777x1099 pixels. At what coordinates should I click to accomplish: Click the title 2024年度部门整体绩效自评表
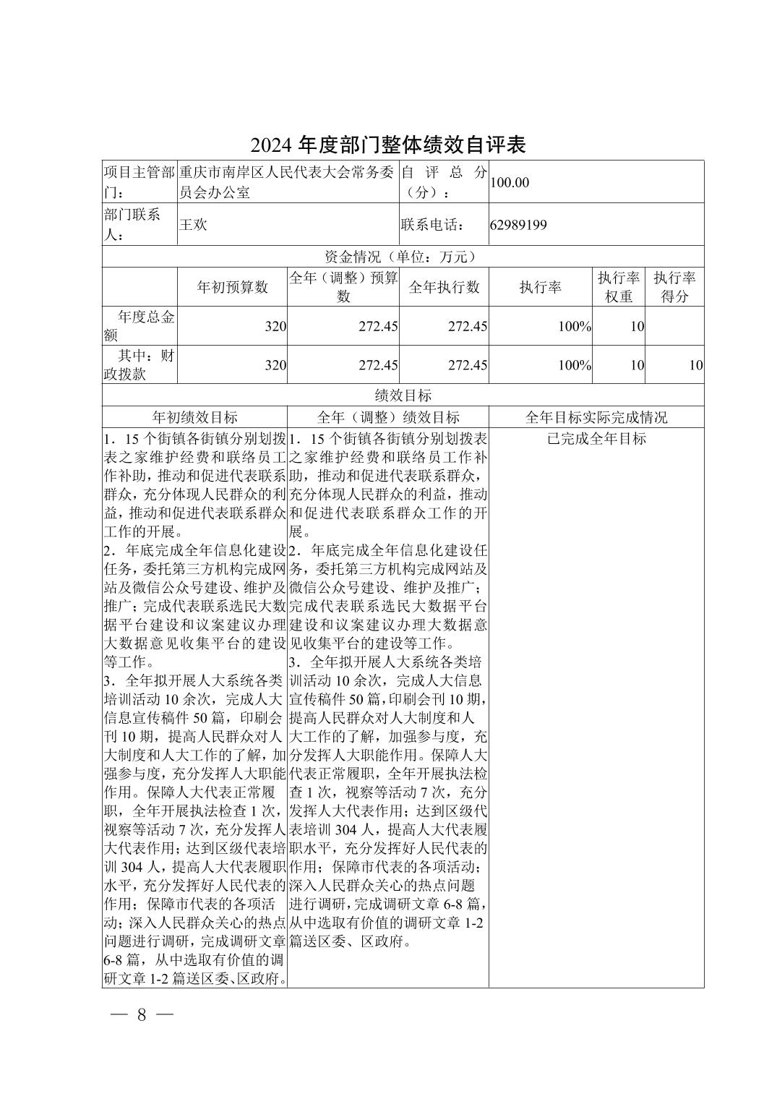click(388, 145)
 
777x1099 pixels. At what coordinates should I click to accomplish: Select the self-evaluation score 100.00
click(510, 182)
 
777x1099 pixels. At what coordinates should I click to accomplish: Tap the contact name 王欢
click(193, 225)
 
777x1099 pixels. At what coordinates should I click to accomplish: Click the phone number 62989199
click(518, 225)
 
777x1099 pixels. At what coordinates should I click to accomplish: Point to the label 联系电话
click(432, 225)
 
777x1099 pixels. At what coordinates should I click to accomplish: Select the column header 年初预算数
click(232, 287)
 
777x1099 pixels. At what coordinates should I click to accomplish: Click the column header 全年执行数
click(444, 287)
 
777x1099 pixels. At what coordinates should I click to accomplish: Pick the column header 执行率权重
click(618, 287)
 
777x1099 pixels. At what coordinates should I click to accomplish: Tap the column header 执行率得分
click(674, 287)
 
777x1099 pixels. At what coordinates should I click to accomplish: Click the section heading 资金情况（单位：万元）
click(402, 257)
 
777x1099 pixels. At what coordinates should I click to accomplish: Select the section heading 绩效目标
click(403, 395)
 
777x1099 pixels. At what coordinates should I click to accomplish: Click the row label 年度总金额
click(139, 326)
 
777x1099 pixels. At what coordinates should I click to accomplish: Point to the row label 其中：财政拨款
click(139, 365)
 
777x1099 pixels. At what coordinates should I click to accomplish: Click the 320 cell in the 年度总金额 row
click(275, 327)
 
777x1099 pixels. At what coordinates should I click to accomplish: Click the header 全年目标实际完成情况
click(596, 417)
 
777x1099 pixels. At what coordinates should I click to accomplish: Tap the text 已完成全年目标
click(596, 439)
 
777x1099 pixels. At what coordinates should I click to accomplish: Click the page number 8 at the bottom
click(142, 1014)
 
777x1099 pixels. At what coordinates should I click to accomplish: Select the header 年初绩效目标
click(194, 417)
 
